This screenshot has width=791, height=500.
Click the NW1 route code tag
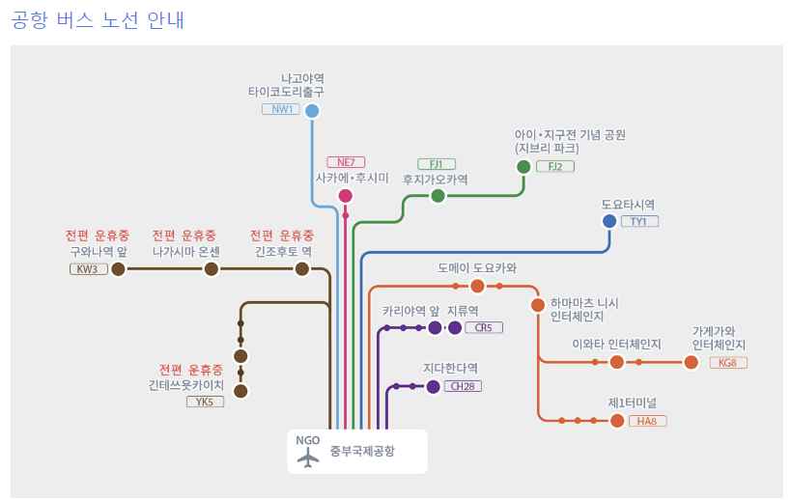[x=281, y=109]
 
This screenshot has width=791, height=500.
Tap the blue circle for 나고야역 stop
[x=312, y=111]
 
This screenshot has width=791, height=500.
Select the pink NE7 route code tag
[x=346, y=162]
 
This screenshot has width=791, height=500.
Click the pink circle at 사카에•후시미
[x=346, y=196]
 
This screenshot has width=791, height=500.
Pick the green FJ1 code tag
[x=437, y=163]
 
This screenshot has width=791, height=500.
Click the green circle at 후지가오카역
[x=438, y=196]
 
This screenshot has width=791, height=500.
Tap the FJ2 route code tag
[x=554, y=166]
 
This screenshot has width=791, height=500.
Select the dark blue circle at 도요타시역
[x=609, y=221]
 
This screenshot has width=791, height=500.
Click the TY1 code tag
[x=638, y=222]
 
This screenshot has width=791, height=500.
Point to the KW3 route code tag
[x=89, y=268]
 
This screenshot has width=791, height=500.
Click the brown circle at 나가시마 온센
[x=211, y=268]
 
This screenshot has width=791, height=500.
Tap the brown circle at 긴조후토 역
[x=303, y=268]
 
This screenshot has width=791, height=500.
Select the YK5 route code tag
[x=205, y=402]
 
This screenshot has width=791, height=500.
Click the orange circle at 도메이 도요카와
[x=477, y=286]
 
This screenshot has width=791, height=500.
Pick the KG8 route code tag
[x=727, y=363]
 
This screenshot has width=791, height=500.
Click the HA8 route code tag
[x=647, y=421]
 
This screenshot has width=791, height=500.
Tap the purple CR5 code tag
[x=484, y=328]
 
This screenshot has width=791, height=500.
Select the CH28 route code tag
[x=463, y=387]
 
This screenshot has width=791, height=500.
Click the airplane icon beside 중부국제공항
[x=308, y=458]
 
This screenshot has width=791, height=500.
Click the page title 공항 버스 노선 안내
[x=99, y=19]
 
